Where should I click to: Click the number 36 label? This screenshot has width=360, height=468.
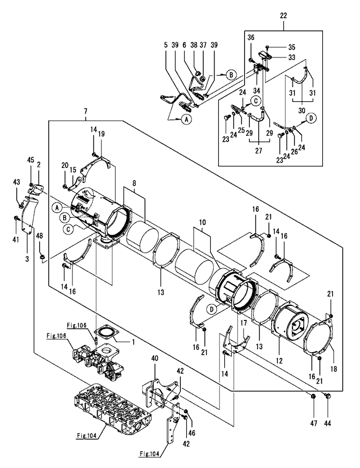(251, 37)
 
